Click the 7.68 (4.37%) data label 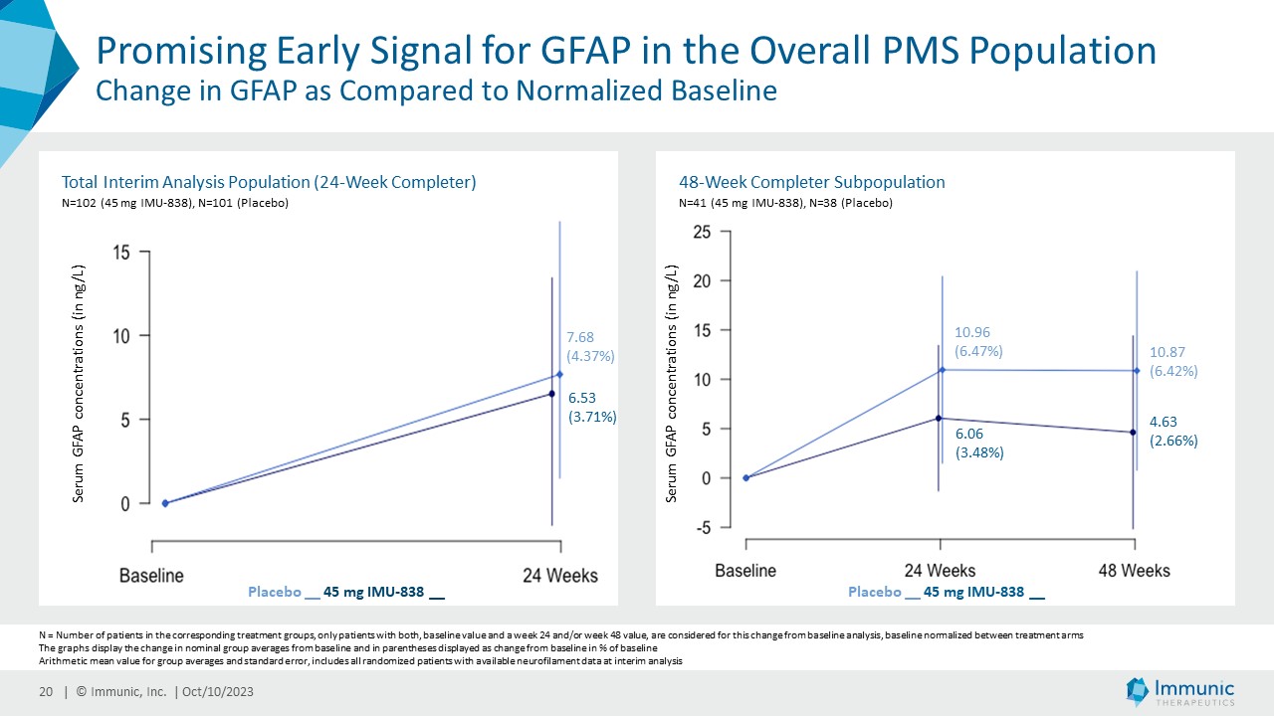tap(590, 346)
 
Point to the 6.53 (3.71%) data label tap(591, 408)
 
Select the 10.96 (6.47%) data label tap(978, 341)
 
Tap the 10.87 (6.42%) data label tap(1172, 361)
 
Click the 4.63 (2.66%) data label tap(1172, 432)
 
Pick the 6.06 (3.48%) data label tap(978, 443)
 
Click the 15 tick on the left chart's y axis tap(121, 253)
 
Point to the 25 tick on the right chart tap(702, 232)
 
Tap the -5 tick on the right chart tap(702, 527)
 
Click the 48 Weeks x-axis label tap(1134, 571)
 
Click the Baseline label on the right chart tap(745, 571)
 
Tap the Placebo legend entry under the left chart tap(275, 593)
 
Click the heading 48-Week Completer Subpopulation tap(811, 182)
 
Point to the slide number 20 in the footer tap(46, 692)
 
